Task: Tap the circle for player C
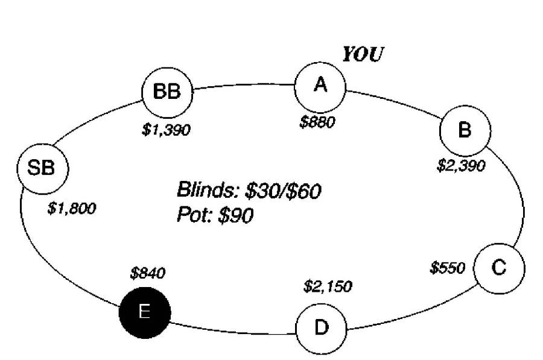499,268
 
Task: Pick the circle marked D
321,328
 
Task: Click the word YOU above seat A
363,55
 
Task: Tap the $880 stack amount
317,121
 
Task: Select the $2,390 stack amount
460,165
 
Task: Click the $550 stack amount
447,267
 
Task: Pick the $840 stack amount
148,273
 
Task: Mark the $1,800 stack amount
71,209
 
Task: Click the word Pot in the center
195,214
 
